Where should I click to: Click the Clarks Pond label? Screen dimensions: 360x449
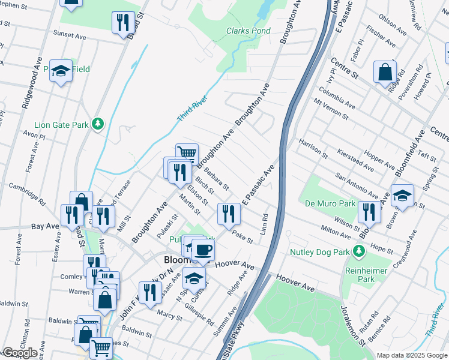248,31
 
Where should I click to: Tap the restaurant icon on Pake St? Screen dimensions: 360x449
229,213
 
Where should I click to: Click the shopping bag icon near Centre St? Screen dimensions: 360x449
385,72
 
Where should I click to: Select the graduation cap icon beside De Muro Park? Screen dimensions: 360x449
403,195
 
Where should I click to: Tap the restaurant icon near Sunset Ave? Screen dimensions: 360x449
122,22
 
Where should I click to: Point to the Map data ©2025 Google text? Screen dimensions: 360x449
412,355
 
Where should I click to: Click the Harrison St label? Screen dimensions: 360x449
313,148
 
